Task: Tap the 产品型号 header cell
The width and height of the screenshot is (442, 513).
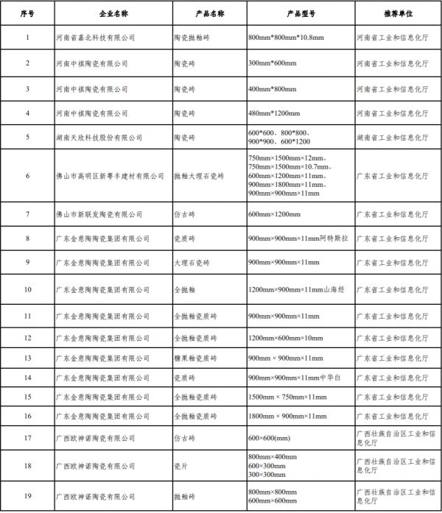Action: (300, 14)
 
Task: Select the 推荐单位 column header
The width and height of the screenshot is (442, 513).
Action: (398, 14)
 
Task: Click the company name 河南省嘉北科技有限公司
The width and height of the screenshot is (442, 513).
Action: (96, 37)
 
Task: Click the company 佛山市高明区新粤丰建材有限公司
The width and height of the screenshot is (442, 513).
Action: (110, 177)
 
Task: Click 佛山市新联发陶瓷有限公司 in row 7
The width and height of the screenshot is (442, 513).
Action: (98, 214)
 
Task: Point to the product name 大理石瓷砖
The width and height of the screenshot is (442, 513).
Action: (192, 263)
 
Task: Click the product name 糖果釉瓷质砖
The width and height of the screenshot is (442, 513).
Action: (195, 358)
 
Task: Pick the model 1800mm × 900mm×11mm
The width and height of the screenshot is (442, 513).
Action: (288, 417)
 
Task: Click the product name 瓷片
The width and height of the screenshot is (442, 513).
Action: (181, 466)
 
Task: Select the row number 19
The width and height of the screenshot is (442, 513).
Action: (27, 495)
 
